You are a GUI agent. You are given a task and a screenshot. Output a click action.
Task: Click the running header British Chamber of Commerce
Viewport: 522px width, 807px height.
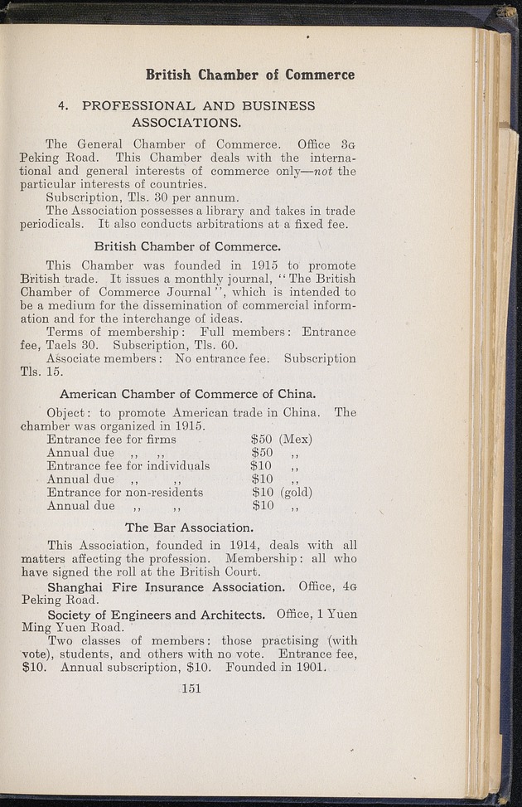tap(250, 75)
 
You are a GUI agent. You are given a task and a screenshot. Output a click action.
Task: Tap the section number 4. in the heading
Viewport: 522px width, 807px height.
tap(63, 106)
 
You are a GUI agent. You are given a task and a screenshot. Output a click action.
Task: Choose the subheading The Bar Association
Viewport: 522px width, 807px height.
tap(188, 527)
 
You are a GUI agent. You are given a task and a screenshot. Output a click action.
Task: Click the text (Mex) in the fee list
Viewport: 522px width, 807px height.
tap(296, 439)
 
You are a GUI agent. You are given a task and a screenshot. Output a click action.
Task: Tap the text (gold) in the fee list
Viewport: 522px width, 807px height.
tap(297, 492)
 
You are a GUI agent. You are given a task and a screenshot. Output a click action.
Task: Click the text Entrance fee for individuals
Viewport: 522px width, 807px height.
tap(128, 465)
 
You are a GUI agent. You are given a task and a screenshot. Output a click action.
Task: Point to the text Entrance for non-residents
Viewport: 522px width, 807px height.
tap(125, 492)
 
